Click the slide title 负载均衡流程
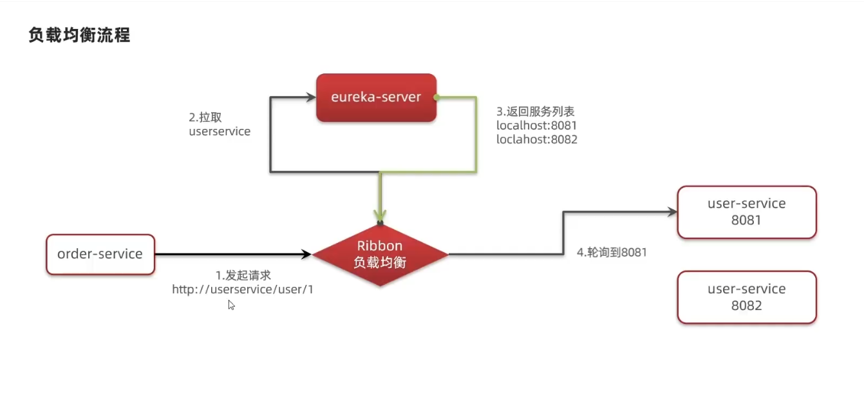(79, 35)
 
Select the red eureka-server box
(376, 97)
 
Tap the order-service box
(100, 254)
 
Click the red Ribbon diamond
(380, 255)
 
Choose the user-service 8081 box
(747, 212)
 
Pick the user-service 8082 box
(747, 297)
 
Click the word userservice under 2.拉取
(220, 131)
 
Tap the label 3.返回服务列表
(535, 111)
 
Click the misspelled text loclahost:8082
(536, 139)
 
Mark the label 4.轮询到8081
(612, 253)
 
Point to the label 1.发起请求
(243, 276)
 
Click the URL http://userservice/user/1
(243, 289)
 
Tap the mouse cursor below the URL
(231, 305)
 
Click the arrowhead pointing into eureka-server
(310, 97)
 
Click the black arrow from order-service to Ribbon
(232, 255)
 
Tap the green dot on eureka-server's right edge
(437, 97)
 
